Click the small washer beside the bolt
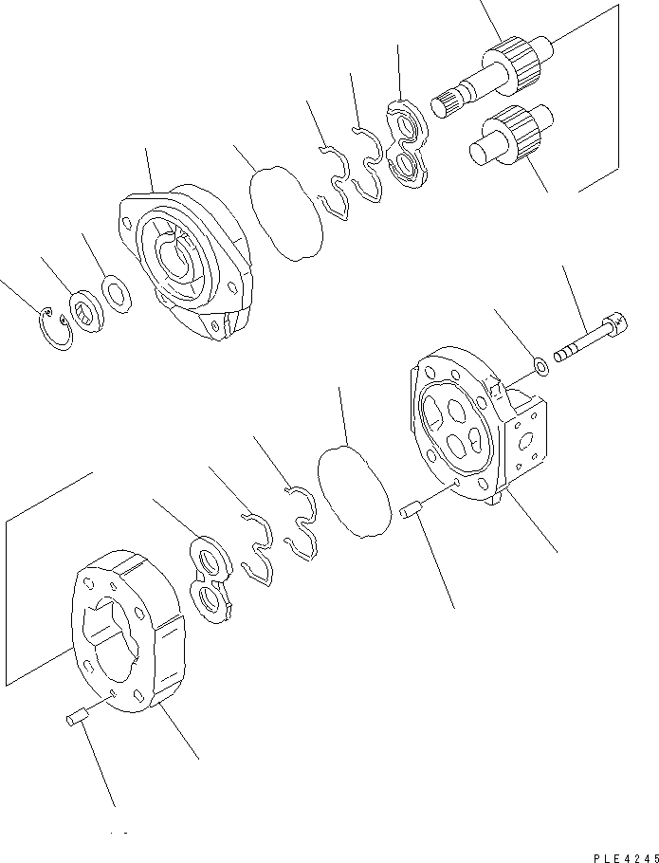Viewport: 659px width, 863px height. pos(539,364)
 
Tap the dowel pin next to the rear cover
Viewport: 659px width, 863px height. pos(410,511)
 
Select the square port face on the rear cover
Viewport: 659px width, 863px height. pos(526,440)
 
